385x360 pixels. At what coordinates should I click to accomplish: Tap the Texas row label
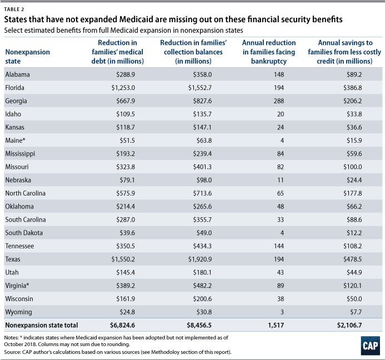[x=13, y=259]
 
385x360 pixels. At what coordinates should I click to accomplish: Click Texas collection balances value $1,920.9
[x=197, y=259]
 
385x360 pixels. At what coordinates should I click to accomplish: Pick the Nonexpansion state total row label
[x=42, y=325]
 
